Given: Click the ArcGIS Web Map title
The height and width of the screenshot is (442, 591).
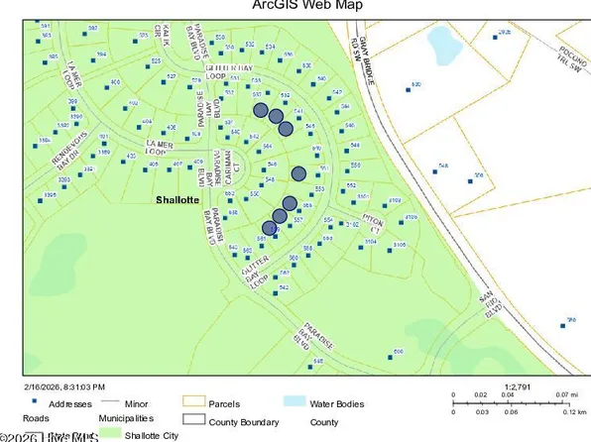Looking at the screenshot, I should pos(295,6).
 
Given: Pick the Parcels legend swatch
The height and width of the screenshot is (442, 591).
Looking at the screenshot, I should pos(194,404).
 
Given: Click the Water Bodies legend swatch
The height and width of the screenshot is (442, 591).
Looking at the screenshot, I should pos(294,404).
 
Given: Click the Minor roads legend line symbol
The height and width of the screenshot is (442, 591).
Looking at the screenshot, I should pos(109,404).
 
